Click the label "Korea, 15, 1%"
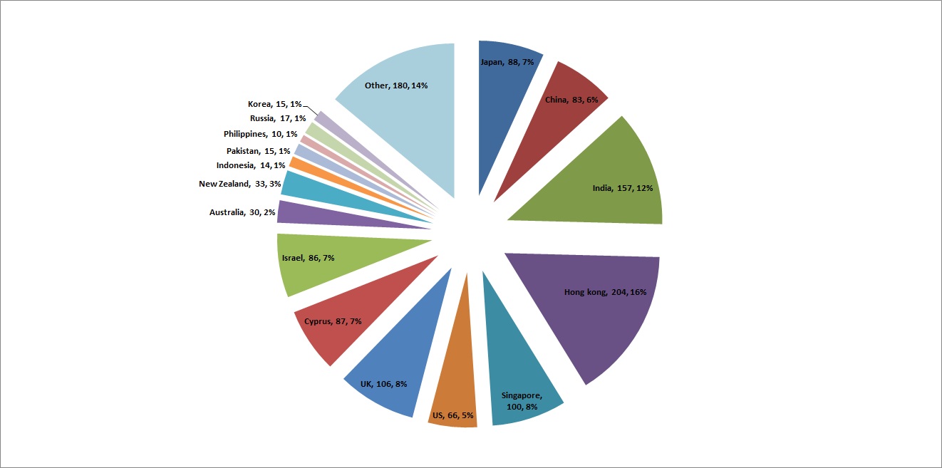(x=274, y=104)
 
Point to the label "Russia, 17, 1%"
(x=278, y=118)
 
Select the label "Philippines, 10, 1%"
(x=261, y=134)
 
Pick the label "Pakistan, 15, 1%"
(x=258, y=150)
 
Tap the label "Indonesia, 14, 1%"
(x=249, y=166)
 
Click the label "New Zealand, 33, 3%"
(x=240, y=184)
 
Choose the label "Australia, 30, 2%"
(x=242, y=212)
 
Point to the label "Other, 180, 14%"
(x=396, y=85)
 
